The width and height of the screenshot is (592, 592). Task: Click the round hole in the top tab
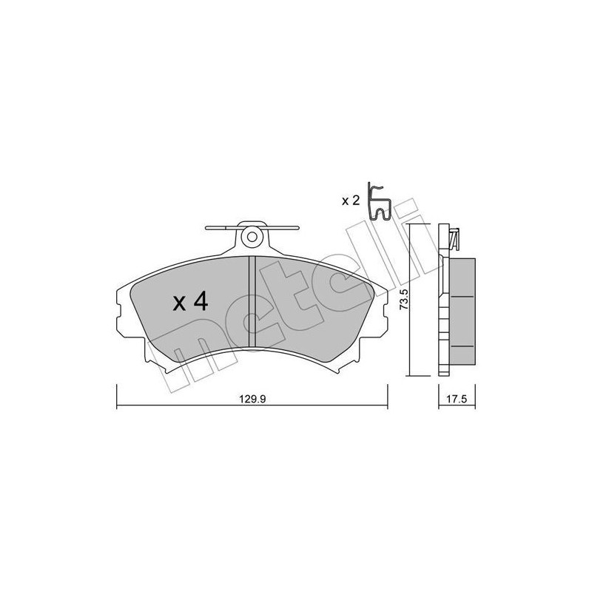click(252, 238)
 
